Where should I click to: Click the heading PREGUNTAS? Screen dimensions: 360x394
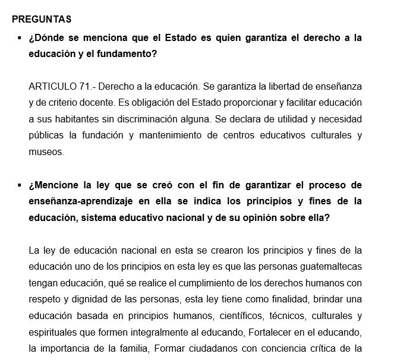pos(42,20)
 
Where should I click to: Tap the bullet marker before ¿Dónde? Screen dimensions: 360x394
pos(20,37)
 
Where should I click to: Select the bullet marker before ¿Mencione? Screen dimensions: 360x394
pos(20,185)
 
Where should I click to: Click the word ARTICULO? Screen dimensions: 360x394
pos(52,86)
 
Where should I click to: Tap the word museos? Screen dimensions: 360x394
pos(45,152)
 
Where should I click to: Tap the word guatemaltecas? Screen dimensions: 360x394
pos(329,267)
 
